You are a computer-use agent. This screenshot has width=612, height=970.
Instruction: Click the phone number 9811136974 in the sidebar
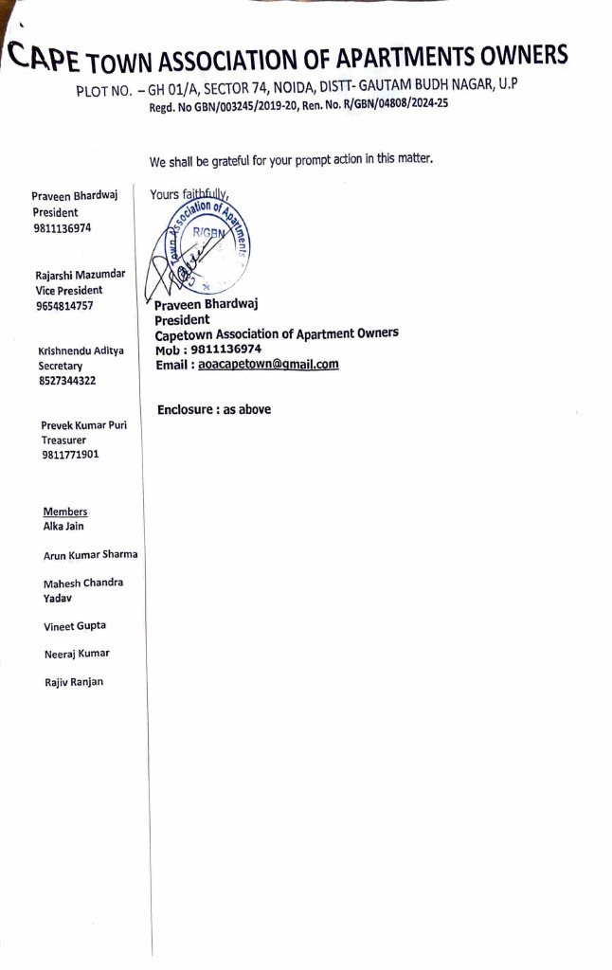coord(62,228)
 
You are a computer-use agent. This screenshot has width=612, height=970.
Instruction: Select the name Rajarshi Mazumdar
coord(80,275)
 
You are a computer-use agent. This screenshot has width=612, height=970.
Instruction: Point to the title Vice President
coord(68,290)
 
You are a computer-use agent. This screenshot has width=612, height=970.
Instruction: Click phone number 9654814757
coord(64,306)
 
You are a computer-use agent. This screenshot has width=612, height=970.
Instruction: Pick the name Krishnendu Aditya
coord(81,350)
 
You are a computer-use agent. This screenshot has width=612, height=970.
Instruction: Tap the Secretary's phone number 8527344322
coord(66,381)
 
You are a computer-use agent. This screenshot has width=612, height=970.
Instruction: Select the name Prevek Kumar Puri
coord(83,425)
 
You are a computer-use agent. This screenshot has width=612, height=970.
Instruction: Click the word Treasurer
coord(63,440)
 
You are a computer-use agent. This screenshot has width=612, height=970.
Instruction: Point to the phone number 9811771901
coord(70,455)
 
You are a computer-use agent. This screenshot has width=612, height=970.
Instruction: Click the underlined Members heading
coord(65,512)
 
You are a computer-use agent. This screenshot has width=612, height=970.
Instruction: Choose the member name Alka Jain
coord(63,526)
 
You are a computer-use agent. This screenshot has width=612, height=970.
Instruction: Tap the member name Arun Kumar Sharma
coord(90,554)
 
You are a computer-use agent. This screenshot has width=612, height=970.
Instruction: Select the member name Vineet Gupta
coord(75,626)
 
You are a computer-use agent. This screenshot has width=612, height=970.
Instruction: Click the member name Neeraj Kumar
coord(77,654)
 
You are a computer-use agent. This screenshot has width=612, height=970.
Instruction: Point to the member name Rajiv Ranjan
coord(74,682)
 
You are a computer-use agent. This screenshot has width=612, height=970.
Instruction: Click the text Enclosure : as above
coord(214,409)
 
